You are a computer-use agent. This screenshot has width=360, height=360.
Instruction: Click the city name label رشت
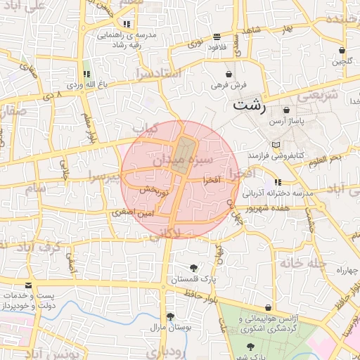[x=250, y=106]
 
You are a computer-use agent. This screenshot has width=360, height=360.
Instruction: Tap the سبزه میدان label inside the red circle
[x=179, y=161]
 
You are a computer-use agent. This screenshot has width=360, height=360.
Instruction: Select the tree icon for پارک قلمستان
[x=194, y=267]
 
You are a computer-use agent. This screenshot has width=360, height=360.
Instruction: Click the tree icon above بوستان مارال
[x=170, y=316]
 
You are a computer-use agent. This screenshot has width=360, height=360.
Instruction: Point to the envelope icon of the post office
[x=28, y=285]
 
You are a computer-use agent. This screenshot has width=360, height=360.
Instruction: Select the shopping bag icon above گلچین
[x=342, y=51]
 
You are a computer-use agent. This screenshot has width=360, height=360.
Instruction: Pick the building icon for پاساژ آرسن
[x=286, y=111]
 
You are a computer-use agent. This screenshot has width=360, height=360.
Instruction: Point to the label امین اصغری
[x=127, y=211]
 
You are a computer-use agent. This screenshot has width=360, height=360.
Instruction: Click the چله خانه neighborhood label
[x=304, y=263]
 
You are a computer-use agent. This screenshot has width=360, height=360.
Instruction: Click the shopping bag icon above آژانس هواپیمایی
[x=269, y=308]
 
